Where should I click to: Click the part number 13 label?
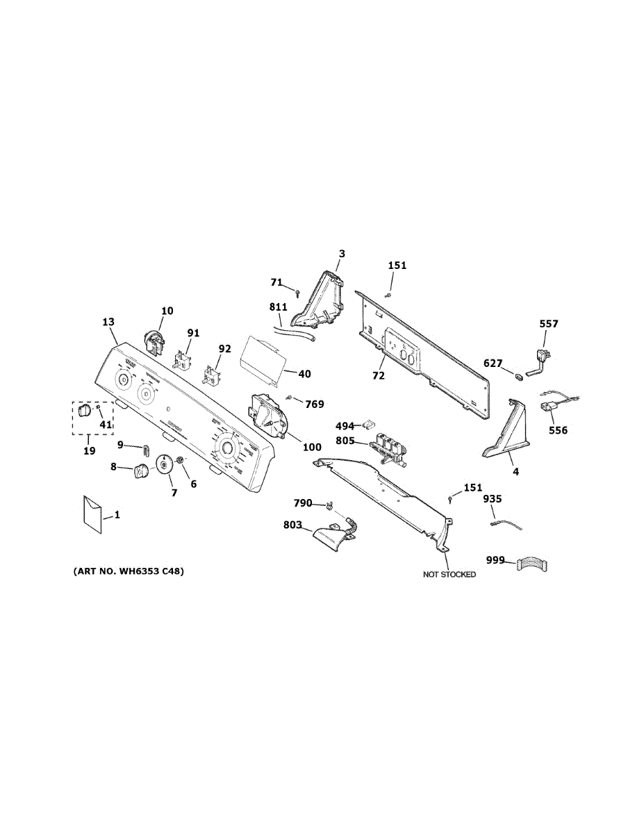[x=108, y=322]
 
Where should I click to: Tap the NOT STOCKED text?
[x=449, y=575]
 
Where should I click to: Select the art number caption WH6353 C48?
[x=129, y=571]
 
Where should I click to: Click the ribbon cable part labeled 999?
[x=531, y=564]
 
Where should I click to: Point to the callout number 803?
[x=292, y=525]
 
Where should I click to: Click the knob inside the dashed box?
[x=84, y=411]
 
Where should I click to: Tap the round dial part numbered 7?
[x=165, y=465]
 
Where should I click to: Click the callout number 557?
[x=549, y=323]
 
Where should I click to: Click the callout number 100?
[x=312, y=447]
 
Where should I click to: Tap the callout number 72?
[x=378, y=375]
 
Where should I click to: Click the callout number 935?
[x=492, y=498]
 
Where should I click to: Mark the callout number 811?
[x=279, y=306]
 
